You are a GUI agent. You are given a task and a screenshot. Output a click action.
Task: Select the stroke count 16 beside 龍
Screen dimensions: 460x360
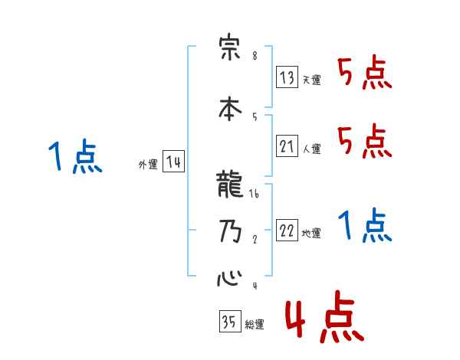pos(255,195)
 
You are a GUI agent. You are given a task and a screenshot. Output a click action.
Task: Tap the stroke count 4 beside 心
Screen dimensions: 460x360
pos(254,286)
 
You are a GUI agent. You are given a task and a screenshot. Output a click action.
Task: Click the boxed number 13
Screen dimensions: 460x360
pos(287,78)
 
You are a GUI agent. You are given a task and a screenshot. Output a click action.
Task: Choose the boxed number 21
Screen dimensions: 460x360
pos(287,146)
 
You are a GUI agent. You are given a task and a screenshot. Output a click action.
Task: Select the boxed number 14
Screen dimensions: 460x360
pos(173,162)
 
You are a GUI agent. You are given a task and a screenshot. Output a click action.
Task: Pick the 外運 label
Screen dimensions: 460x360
pos(148,165)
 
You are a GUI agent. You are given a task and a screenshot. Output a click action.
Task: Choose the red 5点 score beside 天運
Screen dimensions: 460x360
pos(364,74)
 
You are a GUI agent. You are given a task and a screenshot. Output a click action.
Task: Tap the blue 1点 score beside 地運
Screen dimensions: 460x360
pos(364,227)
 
